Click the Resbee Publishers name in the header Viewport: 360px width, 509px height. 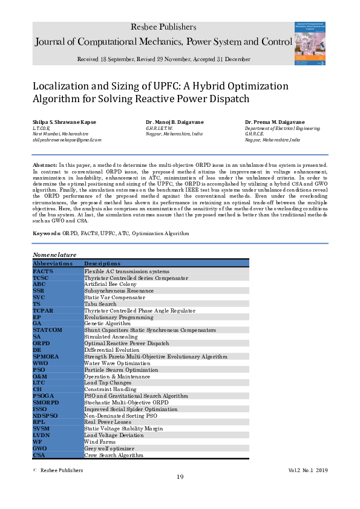[163, 27]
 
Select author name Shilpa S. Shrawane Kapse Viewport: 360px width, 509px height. [65, 122]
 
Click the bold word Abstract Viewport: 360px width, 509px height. [44, 164]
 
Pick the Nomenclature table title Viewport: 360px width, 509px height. [54, 256]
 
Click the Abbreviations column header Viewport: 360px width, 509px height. [53, 264]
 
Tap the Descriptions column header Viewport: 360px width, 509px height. [103, 264]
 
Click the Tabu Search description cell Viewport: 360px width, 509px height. [100, 303]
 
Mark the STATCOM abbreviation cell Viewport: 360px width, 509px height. [48, 330]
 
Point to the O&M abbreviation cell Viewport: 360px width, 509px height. [41, 377]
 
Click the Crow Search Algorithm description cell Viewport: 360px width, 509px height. [114, 455]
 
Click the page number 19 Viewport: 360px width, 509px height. [180, 478]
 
